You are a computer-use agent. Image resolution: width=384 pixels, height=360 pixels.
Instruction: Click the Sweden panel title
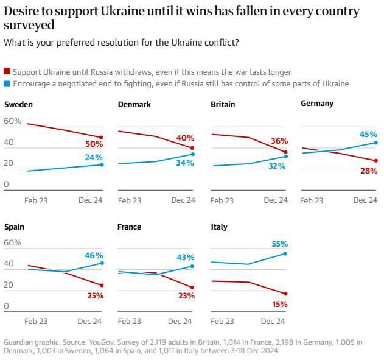pyautogui.click(x=18, y=104)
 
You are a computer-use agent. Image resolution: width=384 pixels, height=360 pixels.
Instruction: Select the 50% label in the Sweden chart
pyautogui.click(x=94, y=145)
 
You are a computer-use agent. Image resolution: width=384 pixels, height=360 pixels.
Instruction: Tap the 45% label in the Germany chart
pyautogui.click(x=368, y=134)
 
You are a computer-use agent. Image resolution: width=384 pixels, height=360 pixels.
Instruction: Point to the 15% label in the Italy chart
pyautogui.click(x=279, y=305)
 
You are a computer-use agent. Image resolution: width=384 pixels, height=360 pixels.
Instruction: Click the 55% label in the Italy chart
pyautogui.click(x=279, y=243)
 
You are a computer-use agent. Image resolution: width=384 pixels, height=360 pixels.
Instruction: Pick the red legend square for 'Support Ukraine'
pyautogui.click(x=7, y=72)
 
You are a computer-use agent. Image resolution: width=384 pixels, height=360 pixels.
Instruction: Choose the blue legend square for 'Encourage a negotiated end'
pyautogui.click(x=7, y=84)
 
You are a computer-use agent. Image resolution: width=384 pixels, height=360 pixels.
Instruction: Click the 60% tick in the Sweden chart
pyautogui.click(x=13, y=121)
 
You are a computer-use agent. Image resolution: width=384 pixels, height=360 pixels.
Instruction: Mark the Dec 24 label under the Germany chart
pyautogui.click(x=366, y=200)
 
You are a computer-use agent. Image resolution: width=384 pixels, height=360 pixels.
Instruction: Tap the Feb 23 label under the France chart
pyautogui.click(x=130, y=321)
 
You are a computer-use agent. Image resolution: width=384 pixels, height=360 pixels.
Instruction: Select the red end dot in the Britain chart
pyautogui.click(x=285, y=152)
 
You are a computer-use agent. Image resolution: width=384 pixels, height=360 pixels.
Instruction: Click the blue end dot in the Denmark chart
pyautogui.click(x=192, y=154)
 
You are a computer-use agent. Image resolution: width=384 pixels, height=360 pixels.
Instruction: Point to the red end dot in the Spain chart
pyautogui.click(x=102, y=285)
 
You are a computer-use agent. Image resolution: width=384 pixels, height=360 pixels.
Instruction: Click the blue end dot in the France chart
pyautogui.click(x=192, y=266)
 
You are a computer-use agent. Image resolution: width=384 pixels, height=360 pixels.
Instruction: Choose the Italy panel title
pyautogui.click(x=219, y=227)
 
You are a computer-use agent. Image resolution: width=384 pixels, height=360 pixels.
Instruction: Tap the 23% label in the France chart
pyautogui.click(x=186, y=296)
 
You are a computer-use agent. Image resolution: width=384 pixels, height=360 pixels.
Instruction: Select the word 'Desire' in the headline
pyautogui.click(x=22, y=12)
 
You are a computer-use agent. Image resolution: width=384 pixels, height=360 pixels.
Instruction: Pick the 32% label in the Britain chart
pyautogui.click(x=277, y=165)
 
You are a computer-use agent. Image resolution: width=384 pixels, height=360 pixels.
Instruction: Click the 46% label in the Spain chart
pyautogui.click(x=94, y=256)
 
